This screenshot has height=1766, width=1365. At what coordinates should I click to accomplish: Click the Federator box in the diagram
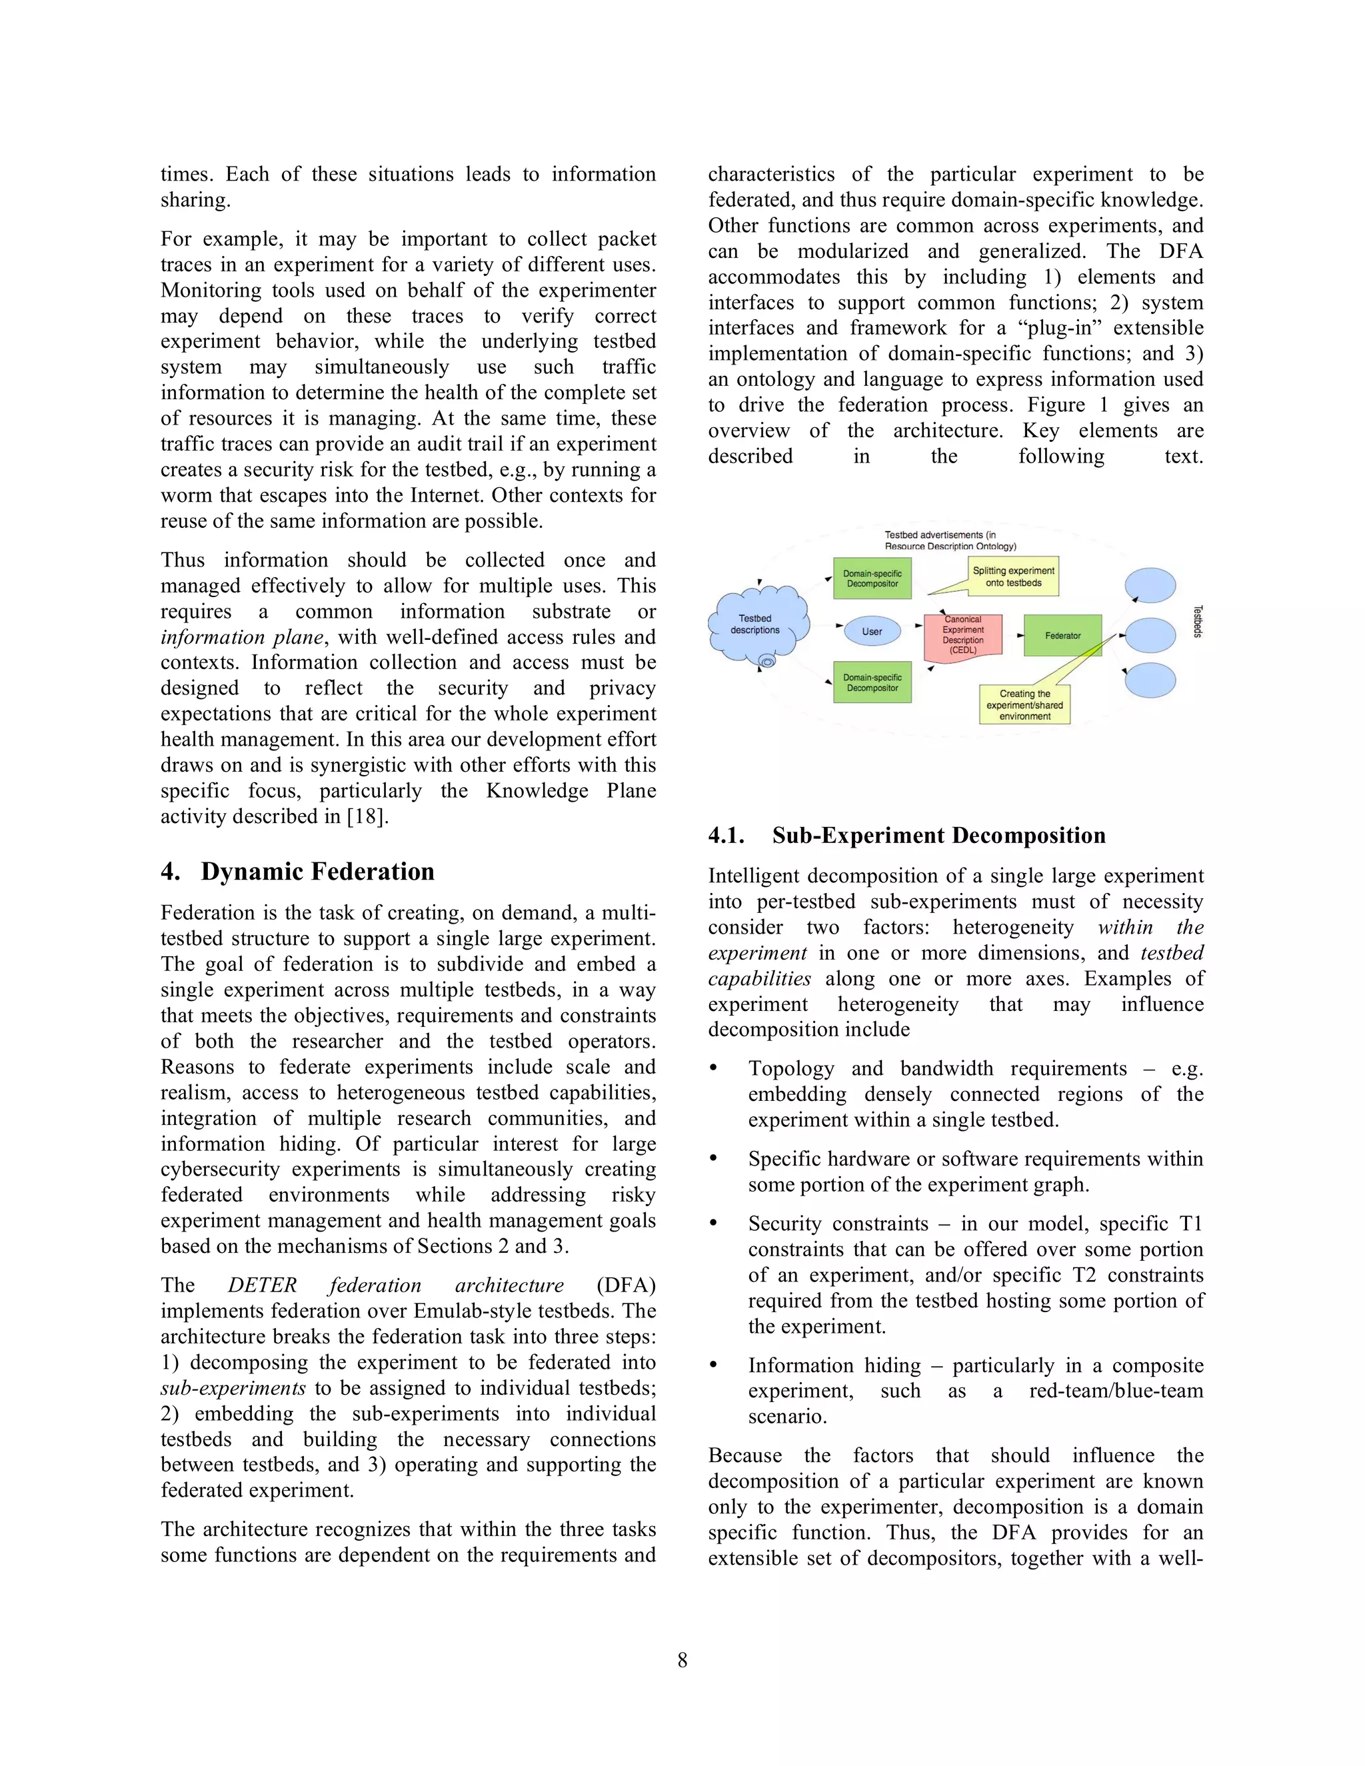[1062, 636]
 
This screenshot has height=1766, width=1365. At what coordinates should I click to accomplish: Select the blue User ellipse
[872, 632]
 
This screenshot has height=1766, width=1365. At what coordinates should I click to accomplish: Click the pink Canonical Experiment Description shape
[962, 636]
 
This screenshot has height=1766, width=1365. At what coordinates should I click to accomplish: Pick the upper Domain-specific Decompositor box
[872, 578]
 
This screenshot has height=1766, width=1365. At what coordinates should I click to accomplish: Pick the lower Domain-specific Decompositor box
[872, 682]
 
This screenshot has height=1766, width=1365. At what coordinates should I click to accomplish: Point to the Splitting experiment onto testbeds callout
[1013, 576]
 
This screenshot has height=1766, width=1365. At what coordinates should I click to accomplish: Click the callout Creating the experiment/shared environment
[1024, 704]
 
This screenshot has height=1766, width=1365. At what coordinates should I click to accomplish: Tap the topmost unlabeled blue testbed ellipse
[1150, 585]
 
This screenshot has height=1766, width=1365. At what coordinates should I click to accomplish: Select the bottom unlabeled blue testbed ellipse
[1150, 680]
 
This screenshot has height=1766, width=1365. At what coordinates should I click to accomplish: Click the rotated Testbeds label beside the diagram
[1198, 621]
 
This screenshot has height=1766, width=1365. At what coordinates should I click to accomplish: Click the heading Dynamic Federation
[317, 872]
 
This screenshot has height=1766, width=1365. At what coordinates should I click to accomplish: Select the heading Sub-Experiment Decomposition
[938, 835]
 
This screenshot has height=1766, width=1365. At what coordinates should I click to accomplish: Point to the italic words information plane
[242, 637]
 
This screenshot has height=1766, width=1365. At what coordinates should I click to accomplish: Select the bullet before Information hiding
[713, 1365]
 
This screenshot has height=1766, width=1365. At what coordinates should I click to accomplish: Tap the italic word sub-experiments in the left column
[233, 1388]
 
